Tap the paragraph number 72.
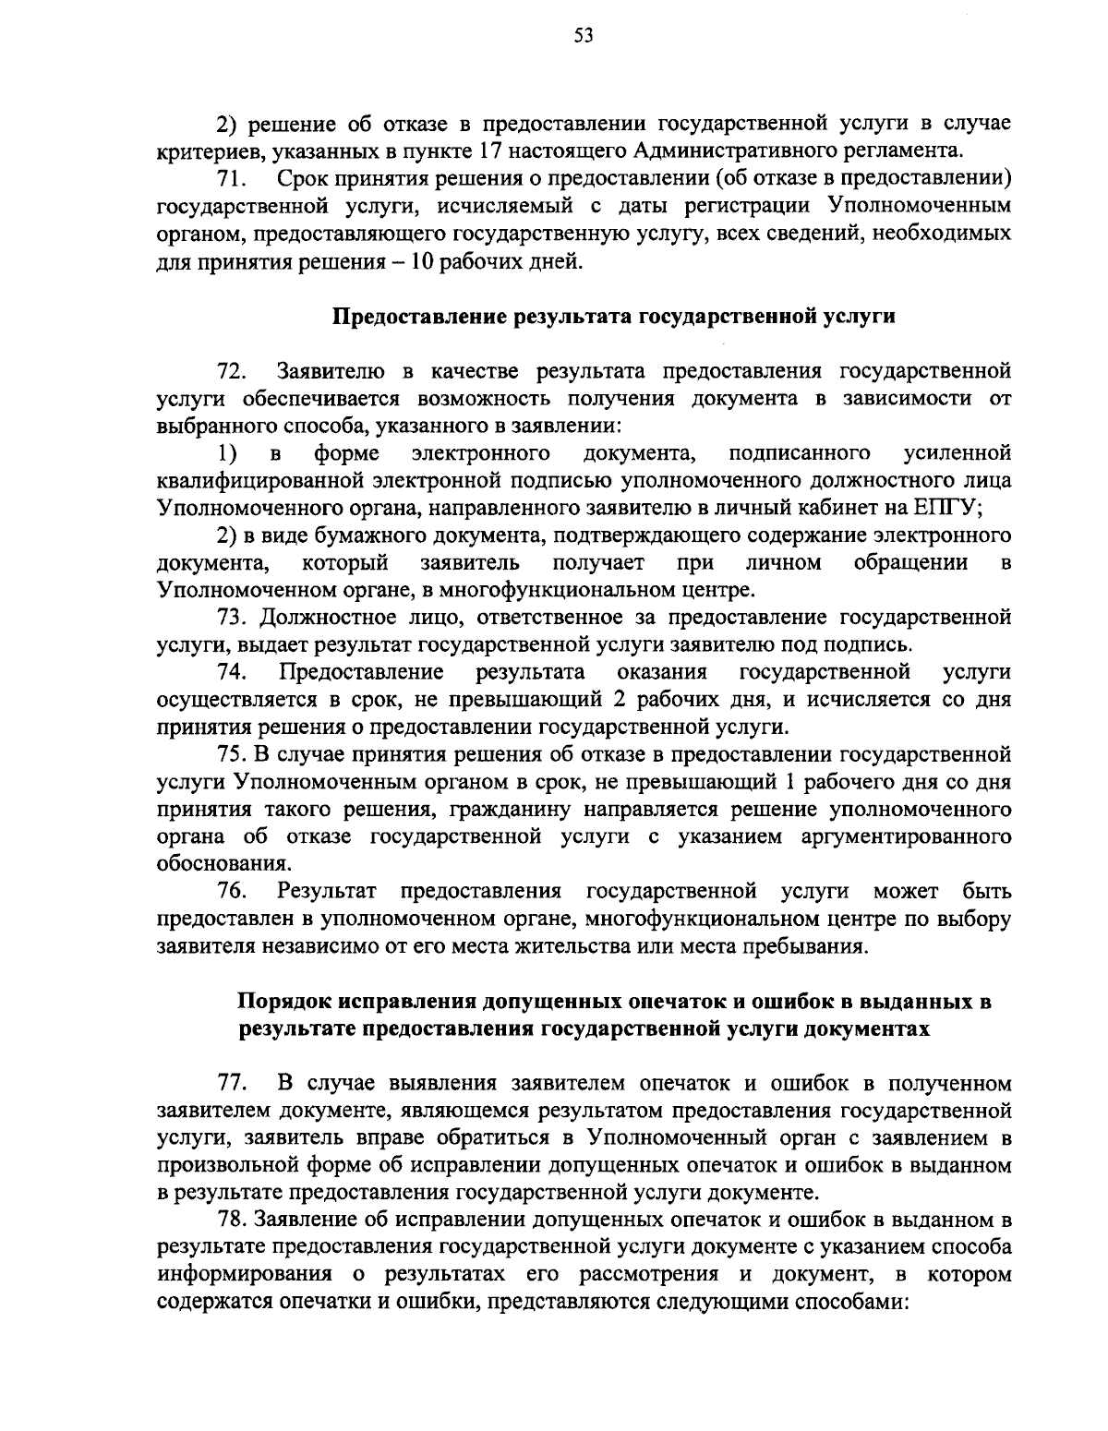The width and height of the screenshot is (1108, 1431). pos(231,372)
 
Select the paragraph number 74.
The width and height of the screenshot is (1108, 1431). pos(231,671)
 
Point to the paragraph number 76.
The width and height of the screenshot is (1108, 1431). pos(231,892)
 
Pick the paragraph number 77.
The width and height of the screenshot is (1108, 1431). pos(231,1083)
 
